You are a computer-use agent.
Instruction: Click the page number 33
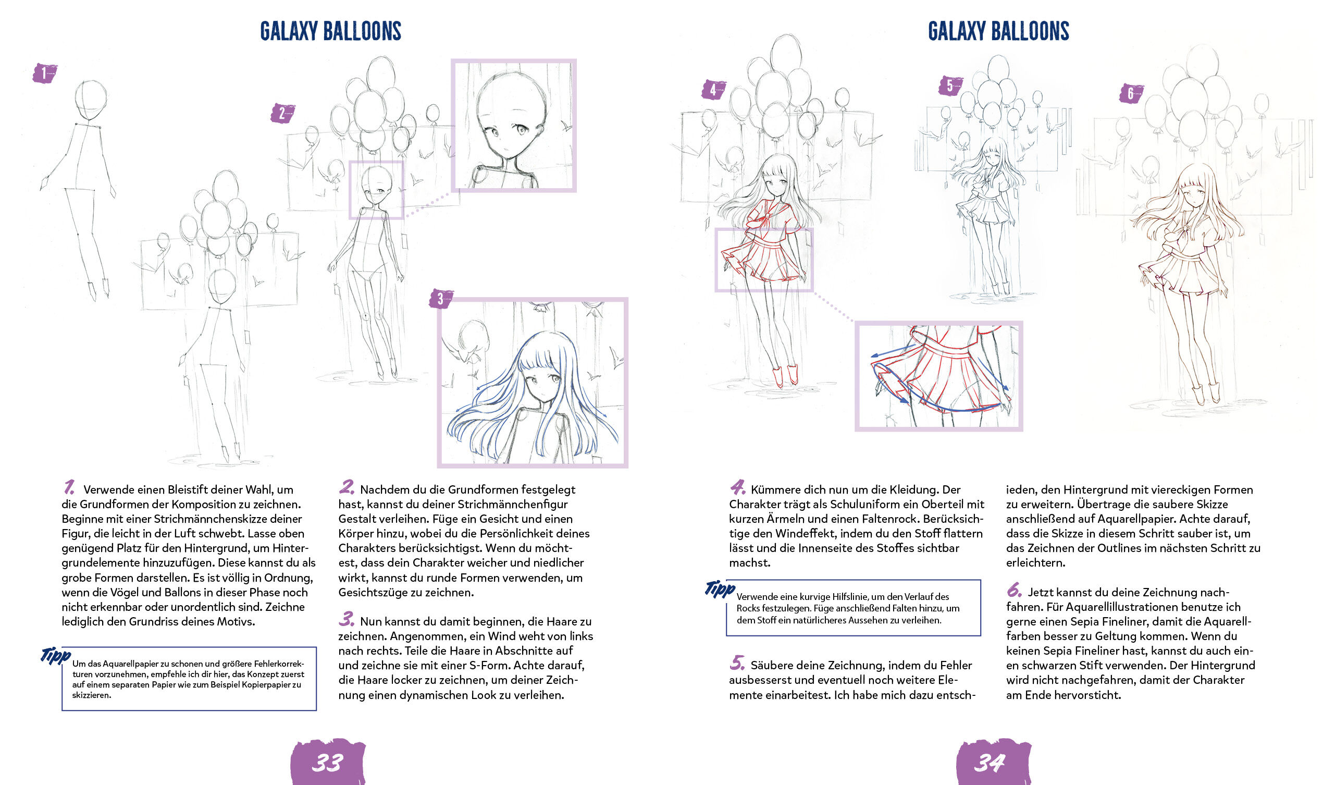(x=328, y=762)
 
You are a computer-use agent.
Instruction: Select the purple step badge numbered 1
(x=44, y=73)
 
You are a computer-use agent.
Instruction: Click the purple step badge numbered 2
(x=282, y=113)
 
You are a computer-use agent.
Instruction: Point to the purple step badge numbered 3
(x=441, y=299)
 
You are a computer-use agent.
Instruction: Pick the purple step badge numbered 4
(x=713, y=90)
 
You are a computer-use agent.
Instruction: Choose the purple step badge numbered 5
(x=950, y=85)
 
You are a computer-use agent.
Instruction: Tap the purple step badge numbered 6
(x=1131, y=94)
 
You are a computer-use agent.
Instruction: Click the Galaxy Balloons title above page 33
(x=331, y=31)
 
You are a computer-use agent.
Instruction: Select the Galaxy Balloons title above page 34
(x=998, y=31)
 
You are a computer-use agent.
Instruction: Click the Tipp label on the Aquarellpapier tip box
(x=56, y=656)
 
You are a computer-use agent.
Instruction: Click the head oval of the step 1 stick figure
(x=91, y=102)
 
